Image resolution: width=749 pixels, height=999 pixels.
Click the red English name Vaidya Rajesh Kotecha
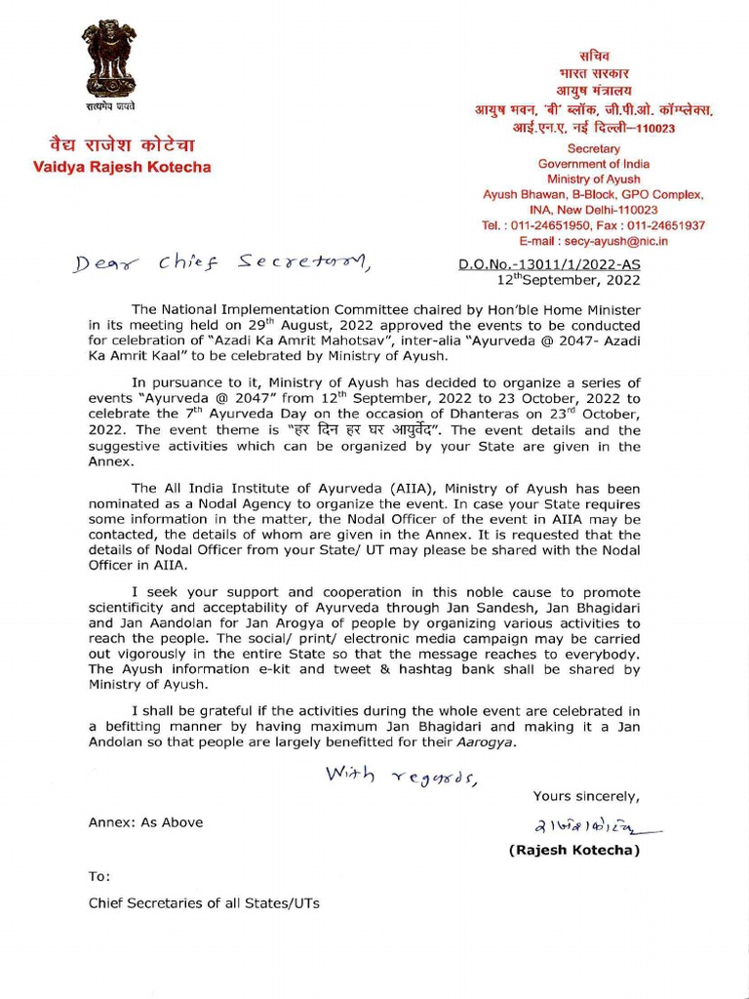pos(122,167)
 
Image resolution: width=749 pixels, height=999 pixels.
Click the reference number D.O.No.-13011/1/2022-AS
pos(549,264)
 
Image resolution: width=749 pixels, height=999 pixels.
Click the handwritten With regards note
pos(401,776)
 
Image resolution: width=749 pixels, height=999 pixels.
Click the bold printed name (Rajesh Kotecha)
pos(574,851)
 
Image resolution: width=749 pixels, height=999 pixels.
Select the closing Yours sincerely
pos(586,795)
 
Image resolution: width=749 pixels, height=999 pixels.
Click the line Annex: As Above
pos(146,822)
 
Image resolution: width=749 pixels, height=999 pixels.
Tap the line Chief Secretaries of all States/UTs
pos(204,902)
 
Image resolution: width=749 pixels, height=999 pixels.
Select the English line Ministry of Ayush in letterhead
pos(594,180)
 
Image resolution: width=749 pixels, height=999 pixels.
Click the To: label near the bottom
pos(99,876)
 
